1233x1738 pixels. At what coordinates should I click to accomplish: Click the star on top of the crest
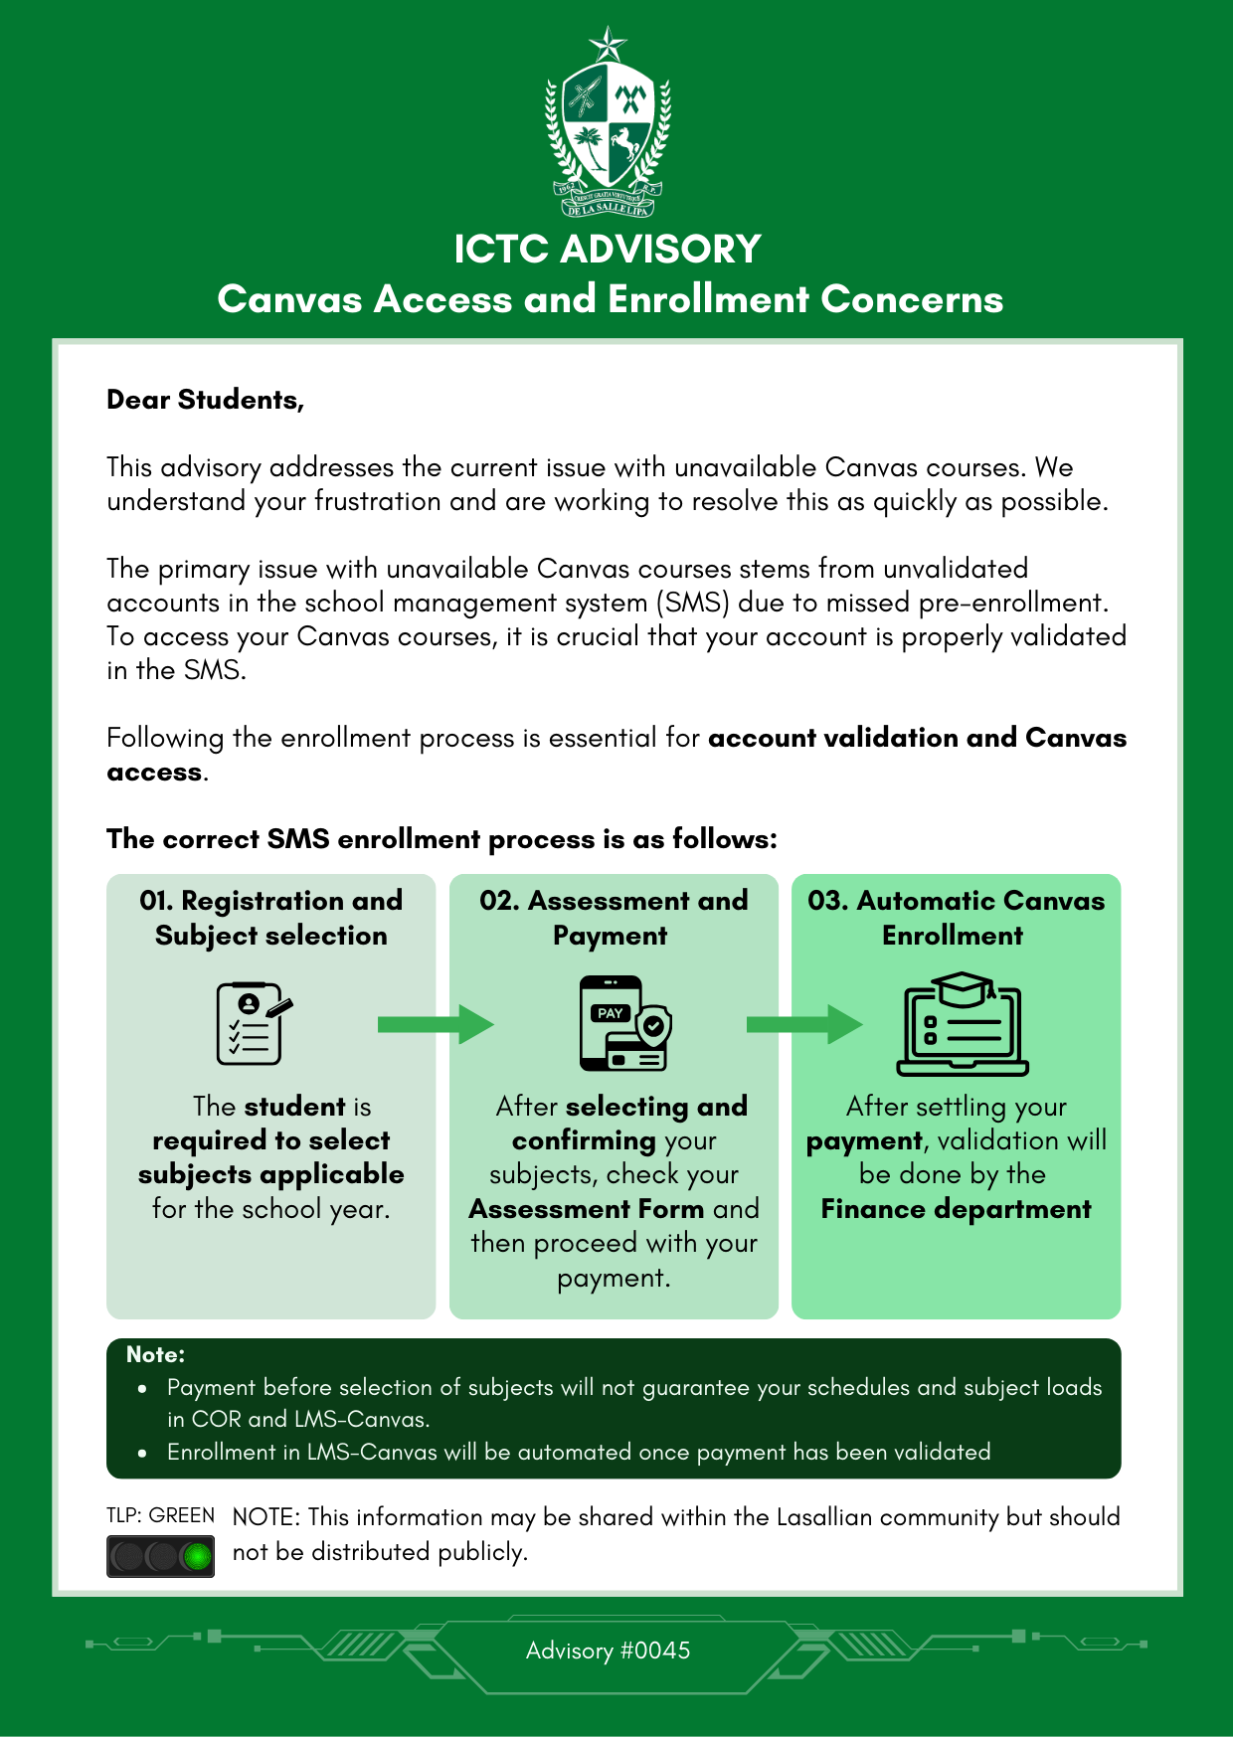coord(608,45)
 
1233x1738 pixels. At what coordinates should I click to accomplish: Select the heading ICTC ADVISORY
coord(608,249)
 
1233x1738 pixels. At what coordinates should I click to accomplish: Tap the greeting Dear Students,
coord(206,400)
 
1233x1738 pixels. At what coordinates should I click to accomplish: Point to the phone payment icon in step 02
coord(623,1023)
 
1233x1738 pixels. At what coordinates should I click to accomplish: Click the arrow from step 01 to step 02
coord(436,1024)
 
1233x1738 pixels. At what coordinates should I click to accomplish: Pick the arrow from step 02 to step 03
coord(803,1024)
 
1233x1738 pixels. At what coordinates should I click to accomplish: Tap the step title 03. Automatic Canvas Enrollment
coord(956,918)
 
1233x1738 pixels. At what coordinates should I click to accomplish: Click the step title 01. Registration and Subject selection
coord(271,918)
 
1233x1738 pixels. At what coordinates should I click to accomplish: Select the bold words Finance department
coord(956,1209)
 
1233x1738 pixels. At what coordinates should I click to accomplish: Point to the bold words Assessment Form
coord(587,1209)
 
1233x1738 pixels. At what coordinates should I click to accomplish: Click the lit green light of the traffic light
coord(198,1556)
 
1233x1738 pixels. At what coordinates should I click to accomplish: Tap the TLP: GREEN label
coord(160,1515)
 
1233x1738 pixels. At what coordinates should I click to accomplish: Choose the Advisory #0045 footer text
coord(608,1651)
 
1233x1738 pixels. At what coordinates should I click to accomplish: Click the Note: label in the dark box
coord(155,1354)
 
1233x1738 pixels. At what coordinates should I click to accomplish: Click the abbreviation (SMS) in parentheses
coord(693,603)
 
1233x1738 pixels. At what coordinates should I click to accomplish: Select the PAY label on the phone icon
coord(610,1013)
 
